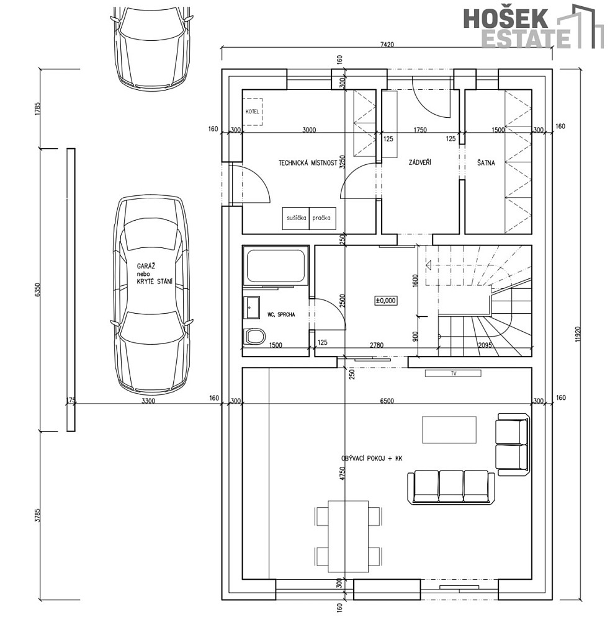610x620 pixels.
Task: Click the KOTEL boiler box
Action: click(x=253, y=112)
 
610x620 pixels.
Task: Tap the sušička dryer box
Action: click(x=296, y=218)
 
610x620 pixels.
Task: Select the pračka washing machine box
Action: click(x=322, y=218)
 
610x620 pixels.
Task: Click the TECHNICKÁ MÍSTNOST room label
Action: click(x=308, y=162)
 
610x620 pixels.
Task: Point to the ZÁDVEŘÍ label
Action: click(x=419, y=162)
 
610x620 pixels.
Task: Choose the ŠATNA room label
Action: click(x=486, y=162)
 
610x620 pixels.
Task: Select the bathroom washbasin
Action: click(x=251, y=308)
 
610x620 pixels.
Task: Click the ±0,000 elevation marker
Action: click(x=385, y=301)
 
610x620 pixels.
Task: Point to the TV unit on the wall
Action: click(x=453, y=373)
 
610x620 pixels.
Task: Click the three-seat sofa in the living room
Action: click(x=451, y=487)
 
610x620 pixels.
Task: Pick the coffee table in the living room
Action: click(x=449, y=430)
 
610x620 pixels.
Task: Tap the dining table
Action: click(x=348, y=536)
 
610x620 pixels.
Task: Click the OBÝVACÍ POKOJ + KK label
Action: click(x=372, y=458)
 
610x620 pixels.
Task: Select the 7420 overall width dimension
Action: click(x=387, y=44)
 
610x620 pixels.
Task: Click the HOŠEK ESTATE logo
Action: click(x=533, y=27)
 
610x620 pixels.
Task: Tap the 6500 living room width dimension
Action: click(x=387, y=401)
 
